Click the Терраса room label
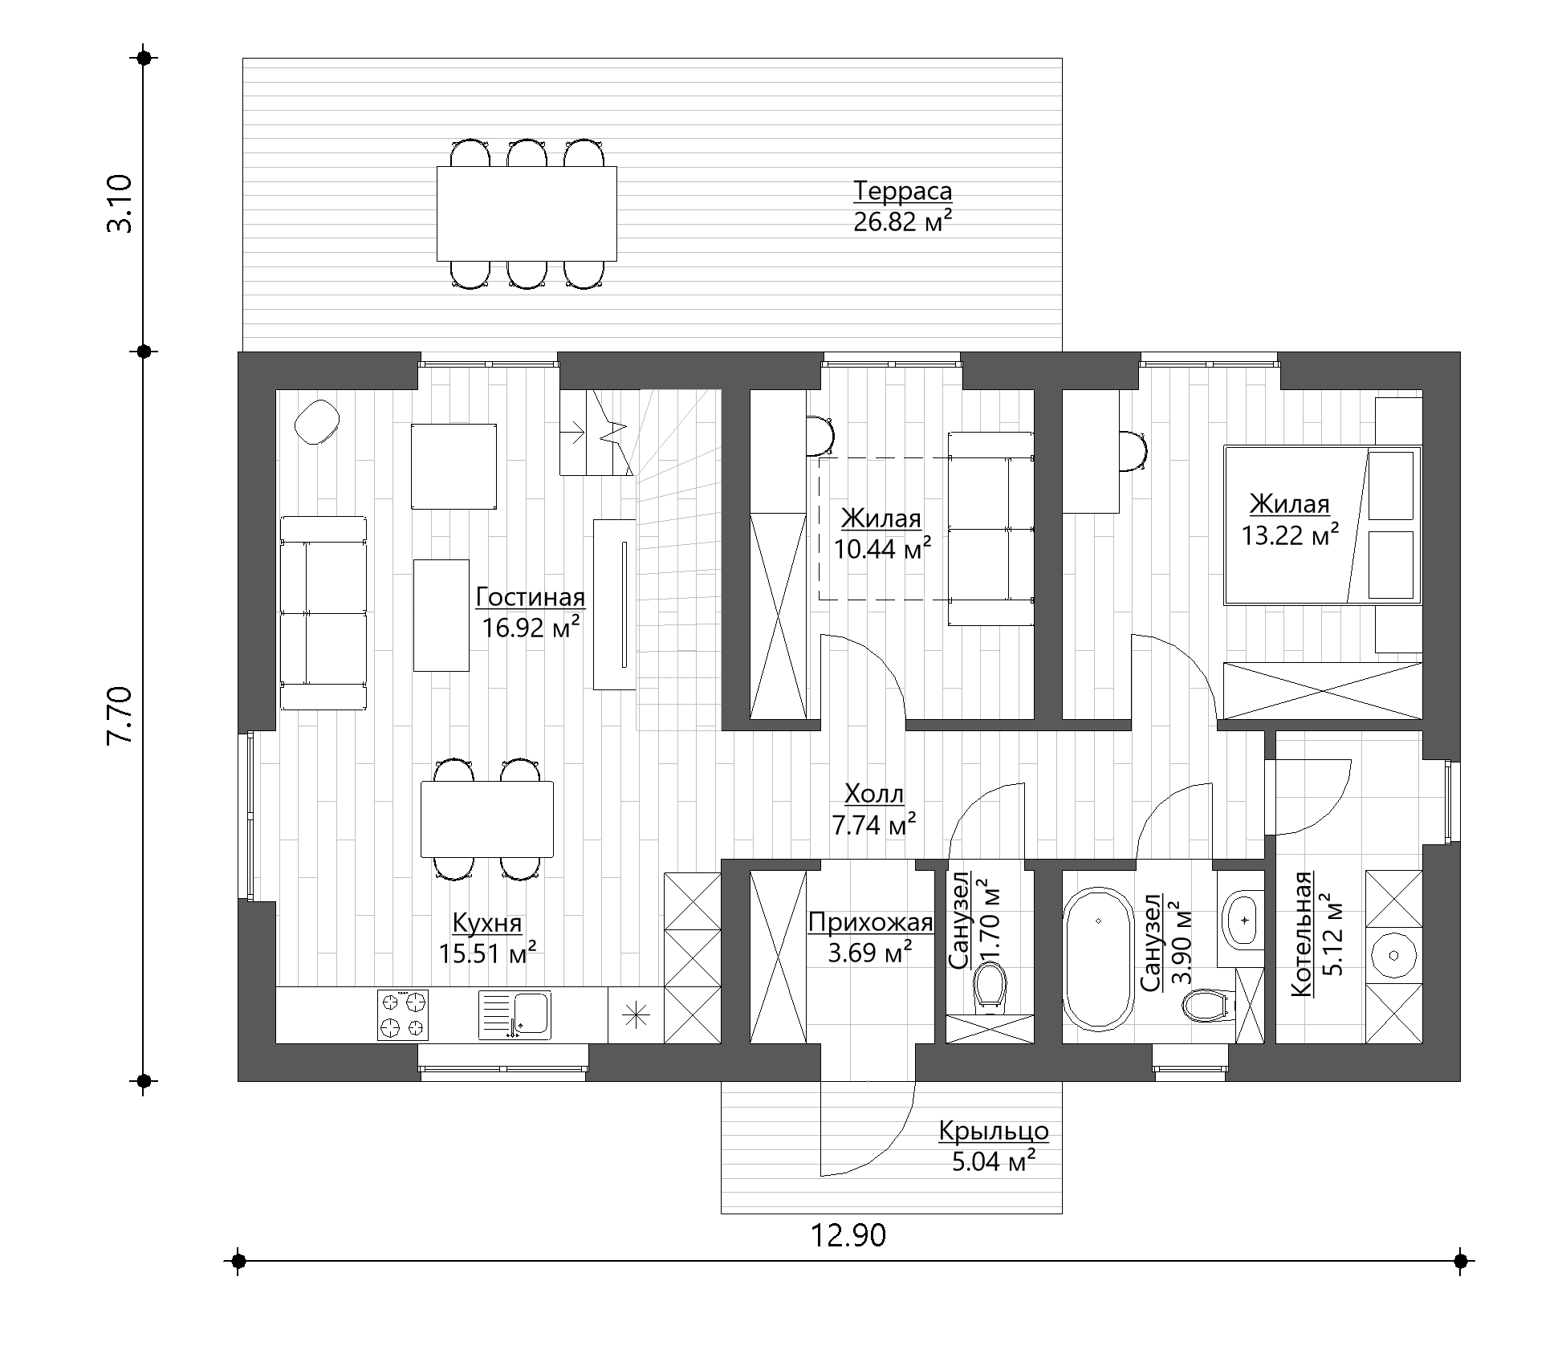[x=902, y=192]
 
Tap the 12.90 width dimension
[x=848, y=1235]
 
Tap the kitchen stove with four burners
[x=403, y=1014]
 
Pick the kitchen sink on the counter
[x=515, y=1014]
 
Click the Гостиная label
[x=531, y=598]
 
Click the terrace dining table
[x=527, y=213]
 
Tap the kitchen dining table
[x=487, y=819]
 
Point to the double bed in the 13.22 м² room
[x=1322, y=525]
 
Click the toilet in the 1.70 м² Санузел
[x=989, y=986]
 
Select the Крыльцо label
[x=994, y=1131]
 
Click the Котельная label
[x=1302, y=933]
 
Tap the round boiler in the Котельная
[x=1395, y=955]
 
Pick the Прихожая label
[x=870, y=923]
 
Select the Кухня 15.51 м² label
[x=487, y=938]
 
